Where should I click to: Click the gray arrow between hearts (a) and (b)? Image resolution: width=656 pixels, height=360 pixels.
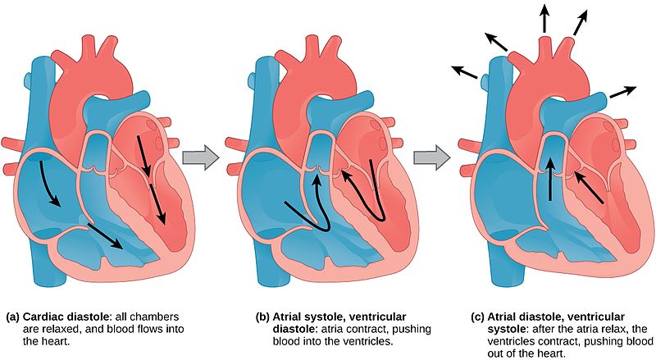(201, 157)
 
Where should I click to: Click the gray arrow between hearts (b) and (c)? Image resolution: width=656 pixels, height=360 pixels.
(432, 157)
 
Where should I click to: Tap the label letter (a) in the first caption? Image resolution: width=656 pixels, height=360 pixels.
(13, 317)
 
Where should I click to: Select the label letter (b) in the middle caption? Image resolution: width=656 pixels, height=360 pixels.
(262, 317)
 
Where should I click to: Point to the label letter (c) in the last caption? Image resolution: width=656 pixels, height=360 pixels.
(478, 317)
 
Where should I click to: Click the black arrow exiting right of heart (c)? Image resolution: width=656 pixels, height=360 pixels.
(623, 92)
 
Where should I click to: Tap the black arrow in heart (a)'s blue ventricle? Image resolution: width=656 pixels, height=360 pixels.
(107, 237)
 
